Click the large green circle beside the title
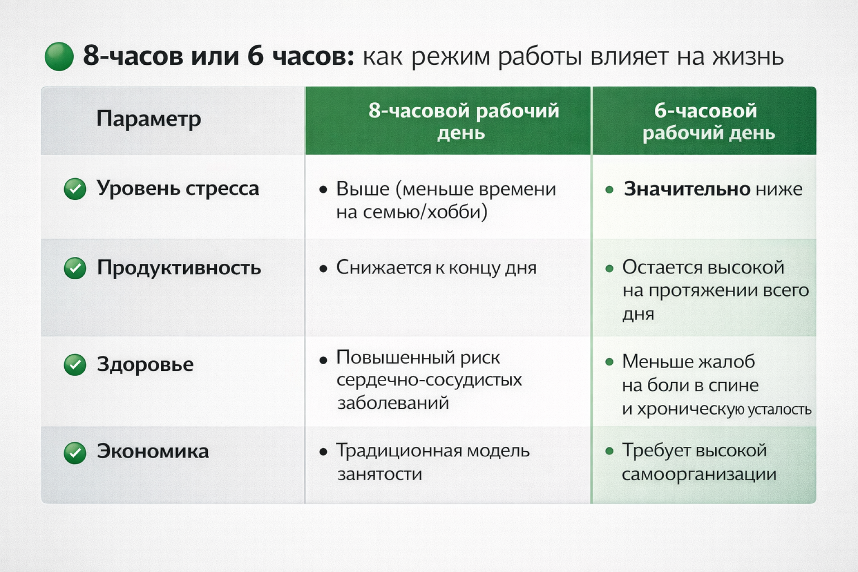(x=59, y=57)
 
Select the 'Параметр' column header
(x=148, y=119)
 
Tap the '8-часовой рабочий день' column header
(x=463, y=121)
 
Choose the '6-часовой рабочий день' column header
(x=708, y=121)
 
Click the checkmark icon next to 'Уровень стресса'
(x=75, y=189)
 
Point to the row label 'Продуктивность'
(x=179, y=268)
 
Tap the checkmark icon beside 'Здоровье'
(x=75, y=365)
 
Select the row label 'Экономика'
(x=153, y=451)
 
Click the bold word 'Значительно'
(x=687, y=189)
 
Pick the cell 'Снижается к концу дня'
(x=436, y=268)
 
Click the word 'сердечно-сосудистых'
(x=429, y=380)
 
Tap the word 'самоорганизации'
(x=698, y=474)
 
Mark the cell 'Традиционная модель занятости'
(x=432, y=462)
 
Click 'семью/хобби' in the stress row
(x=425, y=212)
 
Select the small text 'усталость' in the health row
(x=779, y=409)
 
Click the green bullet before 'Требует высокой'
(x=609, y=451)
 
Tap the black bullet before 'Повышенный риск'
(x=323, y=360)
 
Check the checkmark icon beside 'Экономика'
(x=75, y=453)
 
